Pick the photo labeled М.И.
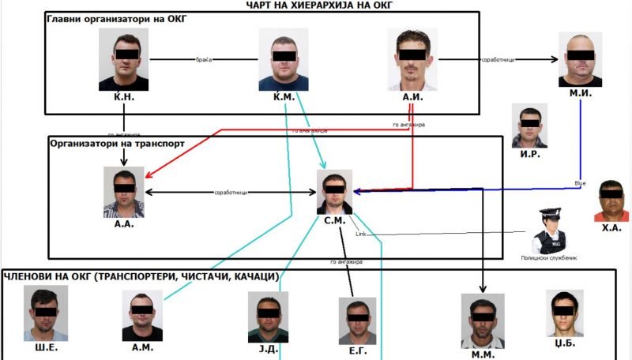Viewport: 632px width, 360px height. coord(581,59)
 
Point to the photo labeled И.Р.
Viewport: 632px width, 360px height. coord(529,126)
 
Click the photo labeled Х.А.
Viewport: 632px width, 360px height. coord(613,201)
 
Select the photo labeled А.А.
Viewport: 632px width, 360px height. coord(124,192)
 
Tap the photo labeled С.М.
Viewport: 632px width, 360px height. coord(334,192)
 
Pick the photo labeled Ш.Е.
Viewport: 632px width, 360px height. coord(46,313)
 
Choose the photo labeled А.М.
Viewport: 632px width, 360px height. coord(142,315)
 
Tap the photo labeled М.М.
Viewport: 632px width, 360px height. coord(483,320)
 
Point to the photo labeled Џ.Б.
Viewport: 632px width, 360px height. coord(565,313)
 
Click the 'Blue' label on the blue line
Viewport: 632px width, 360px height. coord(580,183)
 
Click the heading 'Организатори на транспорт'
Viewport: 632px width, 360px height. coord(118,144)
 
